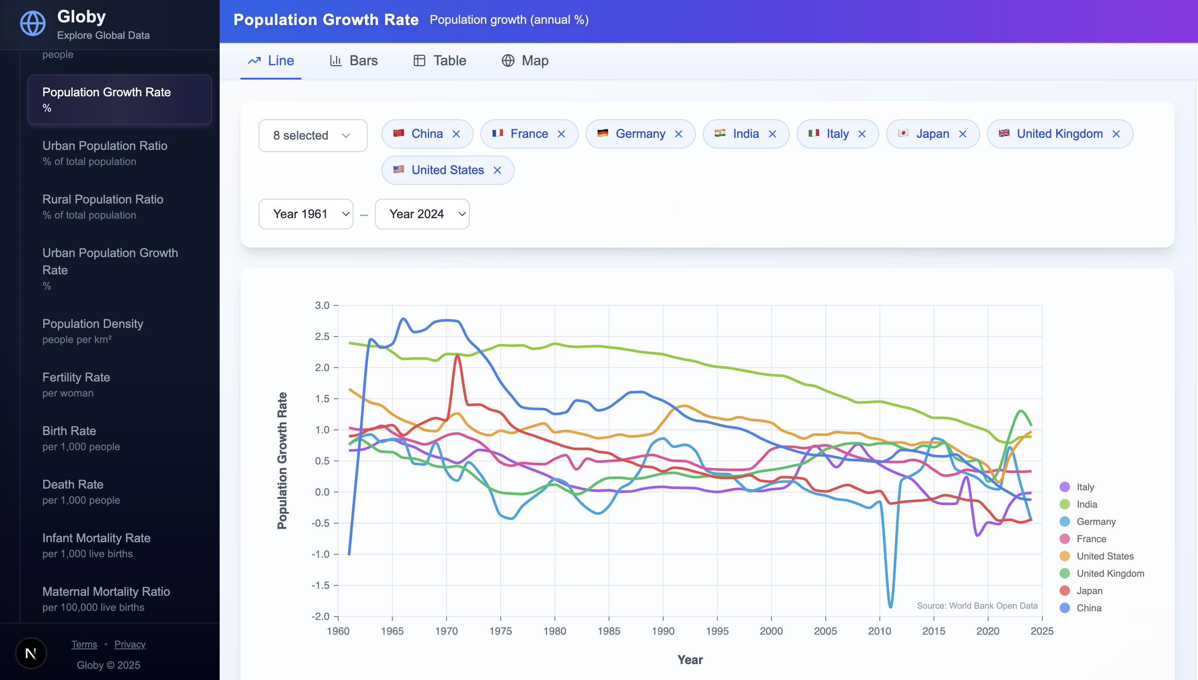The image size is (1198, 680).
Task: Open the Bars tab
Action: (x=354, y=61)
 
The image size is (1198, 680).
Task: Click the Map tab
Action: (x=525, y=61)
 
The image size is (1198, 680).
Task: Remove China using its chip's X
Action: (x=456, y=134)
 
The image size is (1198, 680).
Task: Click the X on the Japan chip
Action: (x=962, y=134)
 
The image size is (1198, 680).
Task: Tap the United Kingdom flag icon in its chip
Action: (x=1003, y=133)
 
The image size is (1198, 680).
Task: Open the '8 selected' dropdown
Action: (x=313, y=136)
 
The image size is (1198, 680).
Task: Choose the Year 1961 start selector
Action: (x=306, y=214)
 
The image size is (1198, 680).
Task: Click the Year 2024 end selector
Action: (x=422, y=214)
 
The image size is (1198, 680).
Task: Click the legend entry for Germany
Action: (x=1095, y=522)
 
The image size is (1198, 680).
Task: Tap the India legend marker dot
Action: (x=1065, y=505)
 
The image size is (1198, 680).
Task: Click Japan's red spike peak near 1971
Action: (x=457, y=356)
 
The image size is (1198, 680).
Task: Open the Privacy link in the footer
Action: (x=130, y=645)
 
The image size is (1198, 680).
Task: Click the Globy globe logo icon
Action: (x=33, y=23)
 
